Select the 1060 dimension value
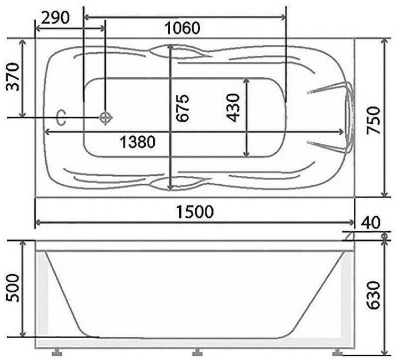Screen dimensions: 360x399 click(183, 28)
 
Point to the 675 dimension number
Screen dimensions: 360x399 click(182, 108)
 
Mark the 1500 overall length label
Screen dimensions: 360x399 click(195, 211)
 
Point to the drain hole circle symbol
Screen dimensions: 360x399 click(105, 117)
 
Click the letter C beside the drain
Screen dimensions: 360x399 click(61, 118)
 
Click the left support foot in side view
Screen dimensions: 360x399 click(56, 352)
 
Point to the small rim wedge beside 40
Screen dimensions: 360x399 click(350, 236)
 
